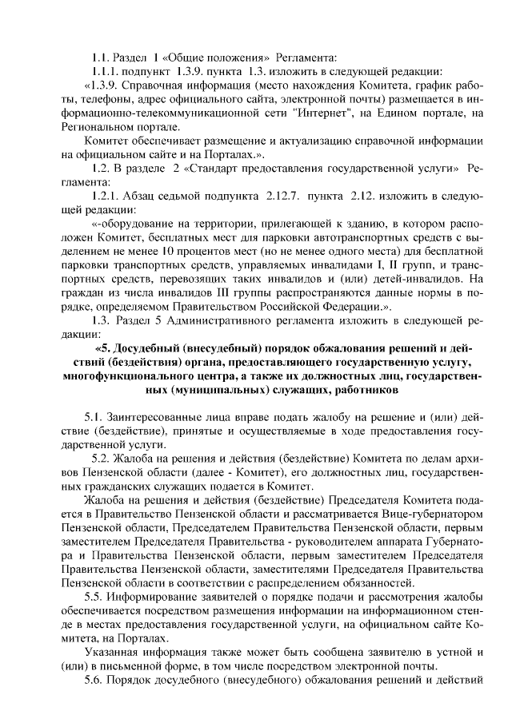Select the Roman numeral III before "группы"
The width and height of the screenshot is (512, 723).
(204, 292)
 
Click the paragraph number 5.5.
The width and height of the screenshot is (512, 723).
(94, 598)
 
